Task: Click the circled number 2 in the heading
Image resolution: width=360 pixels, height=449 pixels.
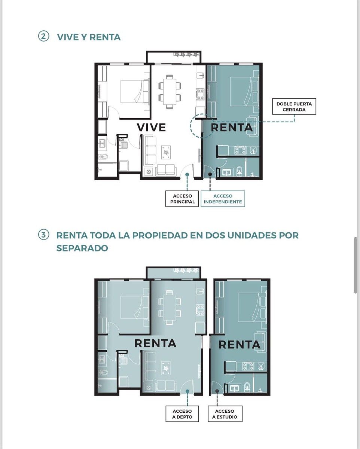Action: pyautogui.click(x=43, y=37)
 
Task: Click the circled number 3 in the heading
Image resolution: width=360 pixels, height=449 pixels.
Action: pyautogui.click(x=43, y=235)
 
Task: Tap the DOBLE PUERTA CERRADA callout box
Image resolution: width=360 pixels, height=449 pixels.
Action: pyautogui.click(x=294, y=107)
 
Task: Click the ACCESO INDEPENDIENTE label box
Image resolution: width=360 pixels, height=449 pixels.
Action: pyautogui.click(x=223, y=199)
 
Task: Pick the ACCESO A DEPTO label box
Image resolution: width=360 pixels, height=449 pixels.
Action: pyautogui.click(x=183, y=414)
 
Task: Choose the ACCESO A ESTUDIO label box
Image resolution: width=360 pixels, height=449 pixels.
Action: pyautogui.click(x=226, y=414)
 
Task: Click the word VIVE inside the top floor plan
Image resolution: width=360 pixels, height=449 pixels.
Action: pyautogui.click(x=151, y=127)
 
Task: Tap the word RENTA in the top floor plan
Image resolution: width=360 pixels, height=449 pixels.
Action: pyautogui.click(x=232, y=128)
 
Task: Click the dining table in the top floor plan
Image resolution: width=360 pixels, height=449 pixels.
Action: pyautogui.click(x=170, y=91)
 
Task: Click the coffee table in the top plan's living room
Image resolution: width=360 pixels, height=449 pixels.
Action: pyautogui.click(x=166, y=152)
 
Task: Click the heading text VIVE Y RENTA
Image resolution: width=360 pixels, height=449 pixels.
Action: pyautogui.click(x=89, y=37)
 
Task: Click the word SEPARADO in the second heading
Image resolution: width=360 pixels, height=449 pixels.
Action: pyautogui.click(x=82, y=248)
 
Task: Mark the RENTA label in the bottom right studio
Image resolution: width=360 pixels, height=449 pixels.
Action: pyautogui.click(x=239, y=345)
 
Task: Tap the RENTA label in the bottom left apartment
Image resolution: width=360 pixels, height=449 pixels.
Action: pyautogui.click(x=155, y=343)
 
